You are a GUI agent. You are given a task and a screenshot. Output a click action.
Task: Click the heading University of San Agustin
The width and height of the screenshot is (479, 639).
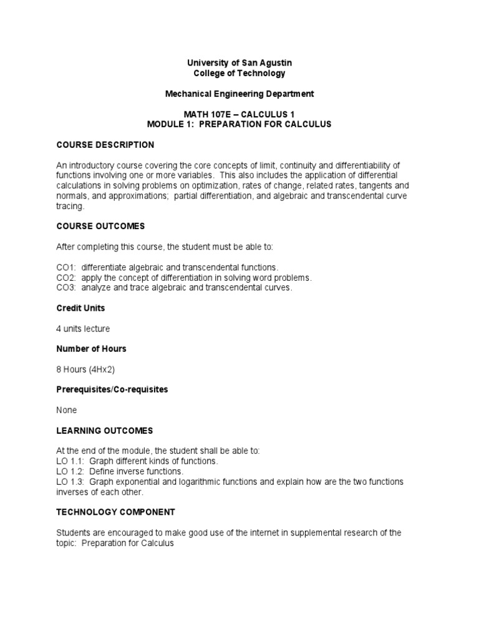tap(239, 63)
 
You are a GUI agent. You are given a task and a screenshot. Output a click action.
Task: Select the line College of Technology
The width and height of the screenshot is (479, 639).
tap(239, 73)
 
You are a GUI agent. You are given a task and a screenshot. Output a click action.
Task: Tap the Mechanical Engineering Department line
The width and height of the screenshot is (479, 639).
tap(239, 94)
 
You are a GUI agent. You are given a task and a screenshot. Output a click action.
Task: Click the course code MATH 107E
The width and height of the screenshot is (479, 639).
tap(206, 114)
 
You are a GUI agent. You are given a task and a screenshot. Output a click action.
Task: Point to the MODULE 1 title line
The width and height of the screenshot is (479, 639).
tap(239, 124)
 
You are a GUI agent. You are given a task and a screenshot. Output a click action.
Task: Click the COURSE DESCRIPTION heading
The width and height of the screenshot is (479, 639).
tap(105, 145)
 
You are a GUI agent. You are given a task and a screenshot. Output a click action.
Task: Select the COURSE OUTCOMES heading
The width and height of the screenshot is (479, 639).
tap(101, 226)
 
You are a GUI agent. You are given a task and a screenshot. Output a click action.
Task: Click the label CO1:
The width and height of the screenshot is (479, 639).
tap(66, 267)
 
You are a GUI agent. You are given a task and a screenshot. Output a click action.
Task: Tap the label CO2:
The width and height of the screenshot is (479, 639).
tap(66, 278)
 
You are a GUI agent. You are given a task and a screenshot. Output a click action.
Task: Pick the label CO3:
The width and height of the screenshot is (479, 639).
tap(66, 288)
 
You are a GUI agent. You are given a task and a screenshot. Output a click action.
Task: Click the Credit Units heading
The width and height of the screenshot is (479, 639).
tap(80, 308)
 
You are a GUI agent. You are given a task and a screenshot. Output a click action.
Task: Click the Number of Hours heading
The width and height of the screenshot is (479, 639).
tap(91, 349)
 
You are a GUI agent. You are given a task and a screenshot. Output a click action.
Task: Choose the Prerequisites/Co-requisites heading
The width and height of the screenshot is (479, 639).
tap(112, 389)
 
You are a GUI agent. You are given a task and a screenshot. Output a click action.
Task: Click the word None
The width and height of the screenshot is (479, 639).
tap(67, 410)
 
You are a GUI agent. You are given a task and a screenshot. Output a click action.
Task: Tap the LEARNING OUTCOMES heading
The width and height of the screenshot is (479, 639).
tap(104, 431)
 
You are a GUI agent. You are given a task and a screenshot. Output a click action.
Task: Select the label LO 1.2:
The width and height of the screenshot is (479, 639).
tap(70, 471)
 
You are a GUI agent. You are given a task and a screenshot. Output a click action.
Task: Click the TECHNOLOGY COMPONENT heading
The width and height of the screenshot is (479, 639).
tap(115, 512)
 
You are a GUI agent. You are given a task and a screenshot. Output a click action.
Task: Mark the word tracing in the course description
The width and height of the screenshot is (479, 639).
tap(69, 206)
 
